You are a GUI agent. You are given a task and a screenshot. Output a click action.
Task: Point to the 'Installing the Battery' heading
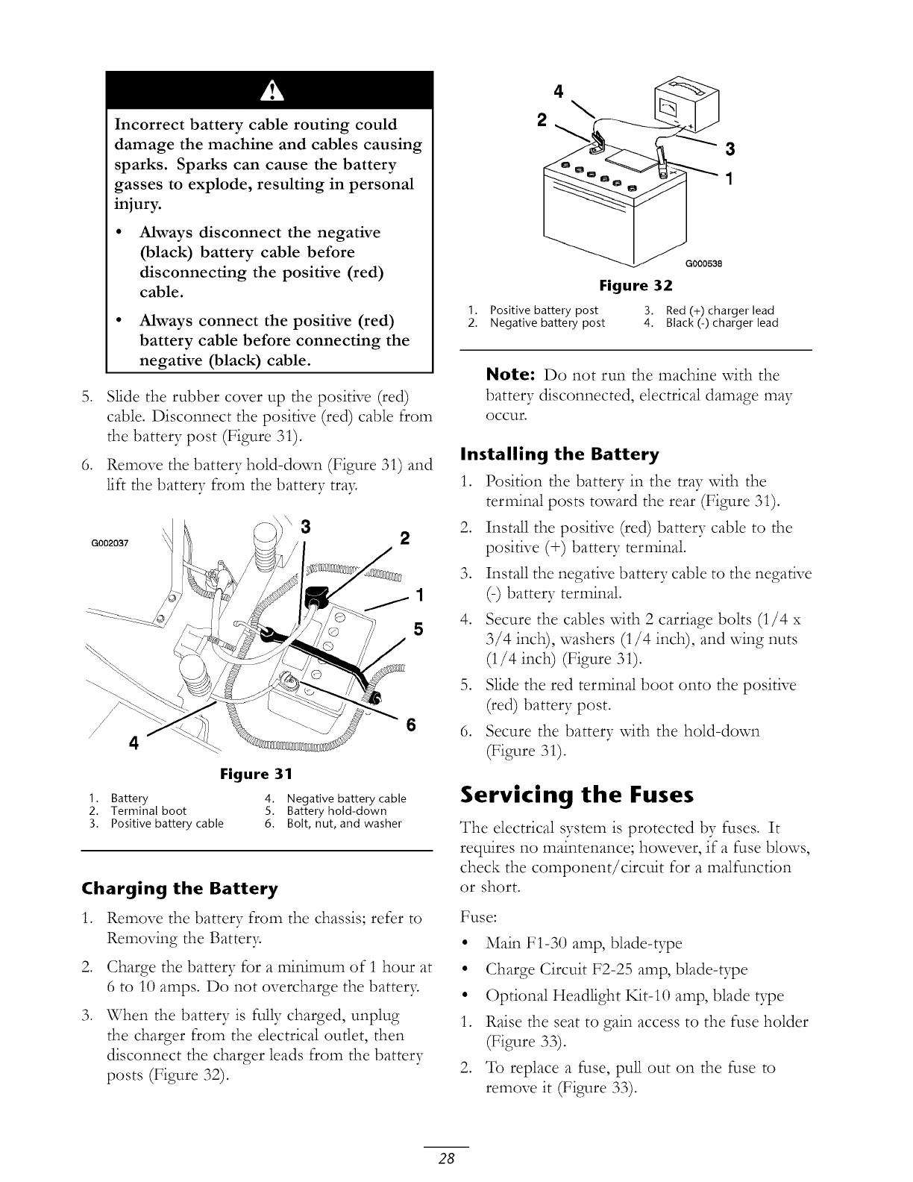coord(560,454)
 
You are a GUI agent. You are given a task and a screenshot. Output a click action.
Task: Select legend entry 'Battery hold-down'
coord(336,811)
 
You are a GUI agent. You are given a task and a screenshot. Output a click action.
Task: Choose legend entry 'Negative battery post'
coord(547,323)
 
